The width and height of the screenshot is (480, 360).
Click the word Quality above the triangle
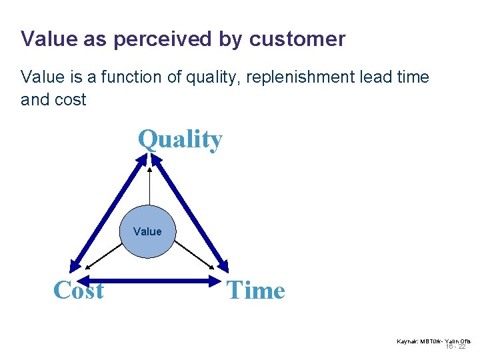click(x=180, y=139)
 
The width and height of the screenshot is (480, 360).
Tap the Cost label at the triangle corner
click(x=78, y=290)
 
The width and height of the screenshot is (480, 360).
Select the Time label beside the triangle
click(x=256, y=290)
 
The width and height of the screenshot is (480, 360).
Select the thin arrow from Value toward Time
click(x=194, y=257)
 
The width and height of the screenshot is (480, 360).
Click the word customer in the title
click(x=297, y=39)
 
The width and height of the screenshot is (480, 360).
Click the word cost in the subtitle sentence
click(x=72, y=100)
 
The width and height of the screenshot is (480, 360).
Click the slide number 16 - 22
click(x=455, y=347)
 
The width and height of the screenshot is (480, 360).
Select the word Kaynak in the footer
click(x=407, y=341)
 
